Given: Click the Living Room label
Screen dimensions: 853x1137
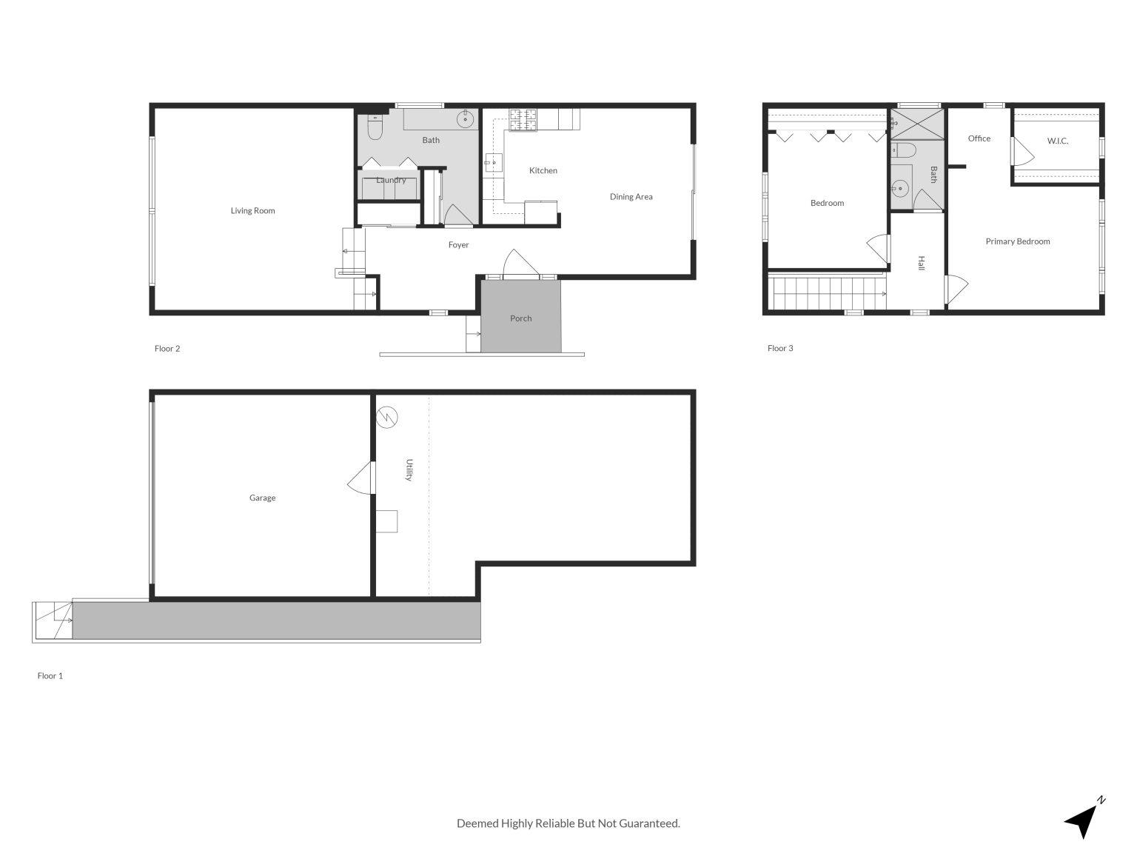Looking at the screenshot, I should point(252,211).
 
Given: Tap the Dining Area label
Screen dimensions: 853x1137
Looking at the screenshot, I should point(631,197).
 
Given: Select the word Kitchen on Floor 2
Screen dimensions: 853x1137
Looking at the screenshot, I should point(543,171).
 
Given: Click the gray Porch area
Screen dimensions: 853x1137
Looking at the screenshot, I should point(520,318).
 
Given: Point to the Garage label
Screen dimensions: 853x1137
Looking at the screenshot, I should point(262,498).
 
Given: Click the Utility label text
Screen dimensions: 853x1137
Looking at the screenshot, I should point(409,470).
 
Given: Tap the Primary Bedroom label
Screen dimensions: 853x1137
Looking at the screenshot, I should point(1017,241).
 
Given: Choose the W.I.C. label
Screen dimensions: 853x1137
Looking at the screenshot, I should point(1057,141).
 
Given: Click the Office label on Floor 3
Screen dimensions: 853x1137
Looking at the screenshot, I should point(979,138).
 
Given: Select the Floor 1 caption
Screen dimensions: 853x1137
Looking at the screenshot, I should point(50,676).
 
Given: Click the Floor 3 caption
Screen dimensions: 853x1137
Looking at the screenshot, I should point(780,348).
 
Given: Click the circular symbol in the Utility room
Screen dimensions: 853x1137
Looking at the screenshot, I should point(386,418).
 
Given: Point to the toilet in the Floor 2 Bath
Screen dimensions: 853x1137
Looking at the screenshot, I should point(374,129).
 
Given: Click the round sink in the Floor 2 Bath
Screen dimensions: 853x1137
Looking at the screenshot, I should point(466,118).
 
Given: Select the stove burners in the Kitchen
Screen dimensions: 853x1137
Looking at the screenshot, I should point(523,121).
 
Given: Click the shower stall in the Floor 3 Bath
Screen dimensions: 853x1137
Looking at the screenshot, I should point(917,124).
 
